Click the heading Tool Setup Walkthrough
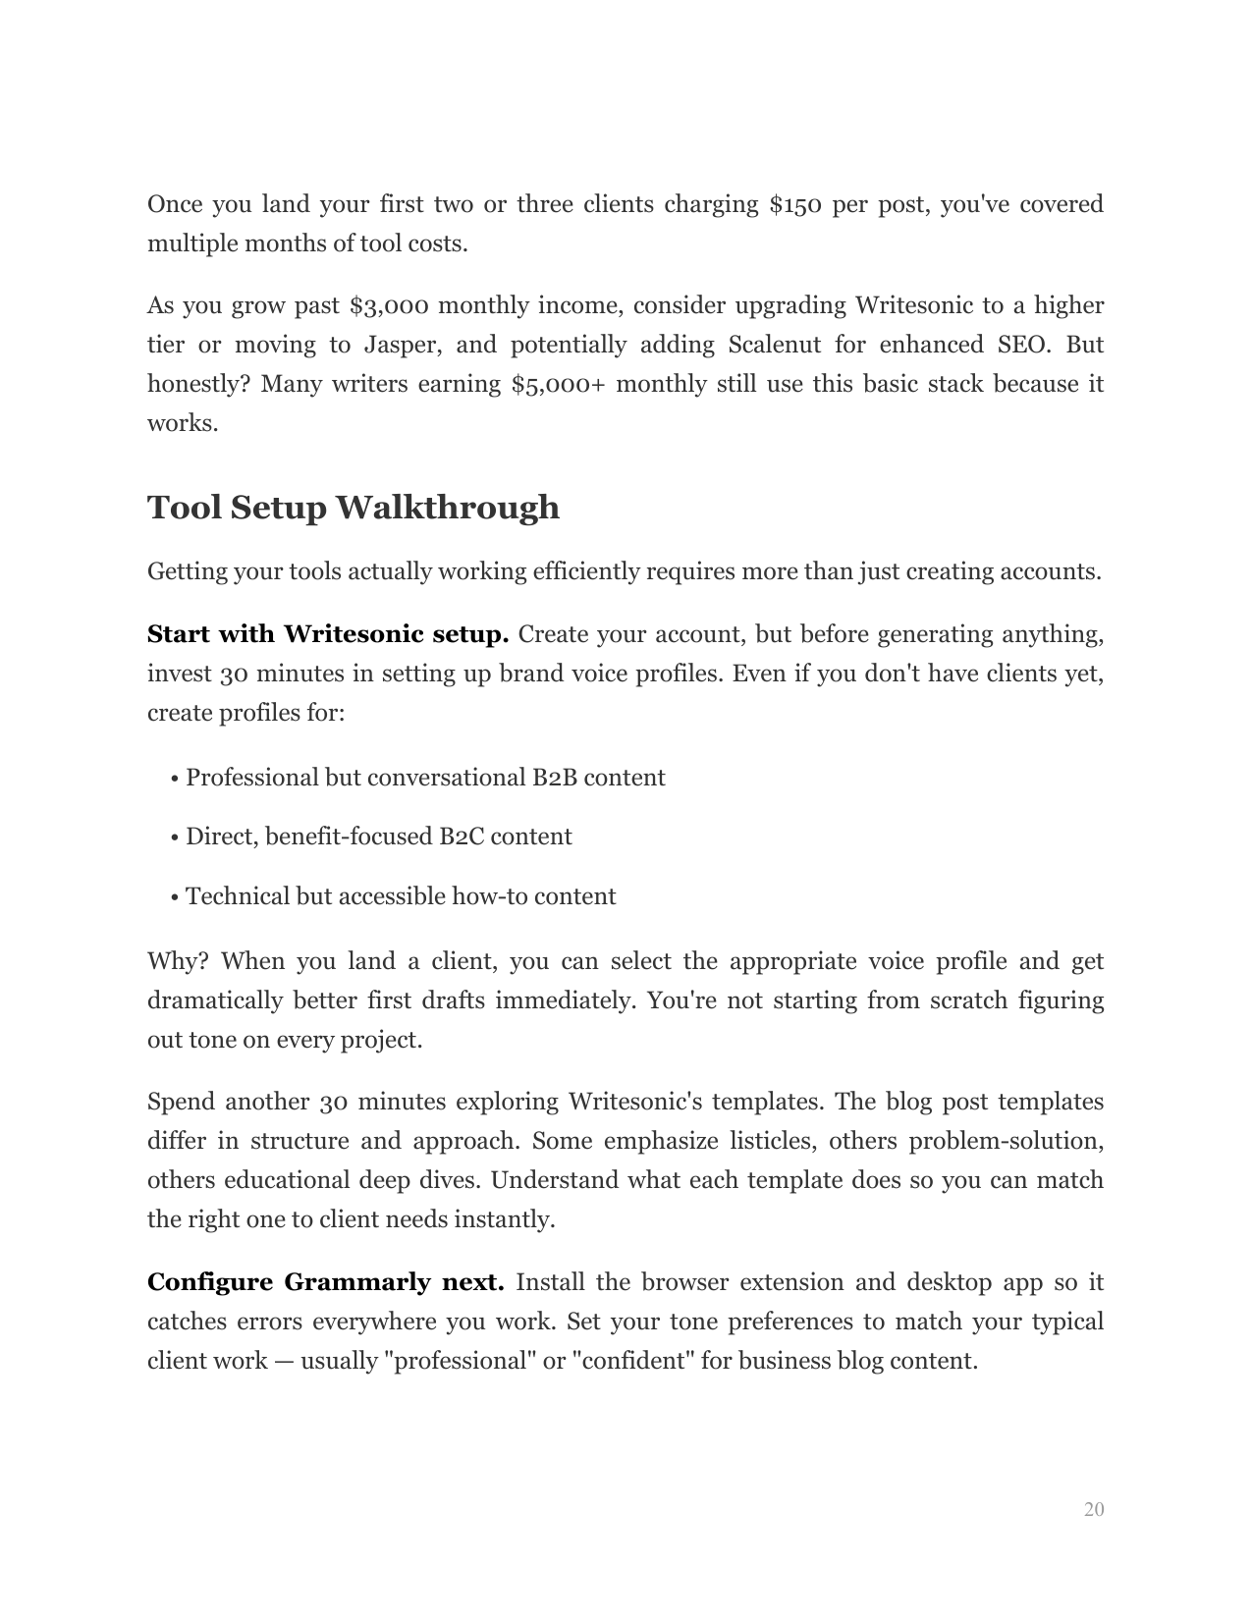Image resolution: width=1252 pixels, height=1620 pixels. pyautogui.click(x=354, y=508)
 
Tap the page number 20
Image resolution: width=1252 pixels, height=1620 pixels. pyautogui.click(x=1094, y=1509)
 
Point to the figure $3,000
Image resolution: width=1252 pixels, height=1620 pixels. pyautogui.click(x=388, y=305)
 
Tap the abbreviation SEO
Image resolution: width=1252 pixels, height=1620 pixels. pyautogui.click(x=1015, y=345)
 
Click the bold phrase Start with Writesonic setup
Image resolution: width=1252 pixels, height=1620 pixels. pyautogui.click(x=327, y=634)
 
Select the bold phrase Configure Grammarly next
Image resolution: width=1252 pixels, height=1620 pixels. pyautogui.click(x=325, y=1282)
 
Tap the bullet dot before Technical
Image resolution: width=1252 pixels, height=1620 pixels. pyautogui.click(x=174, y=897)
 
